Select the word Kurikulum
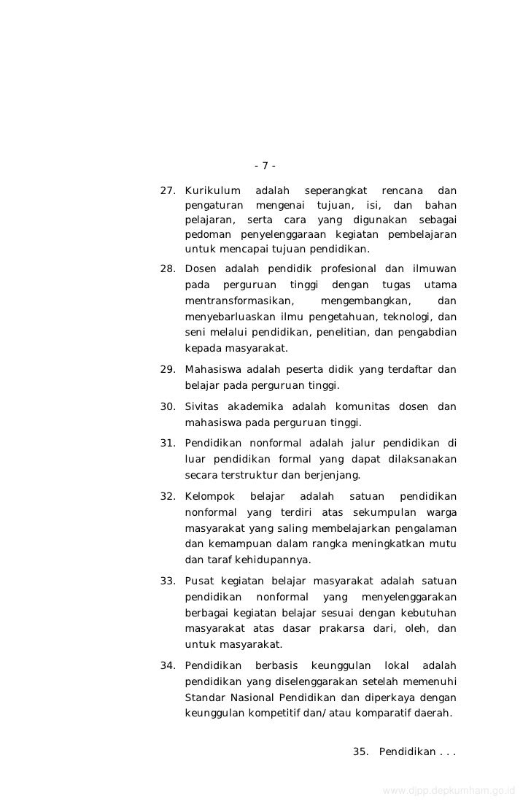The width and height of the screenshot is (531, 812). point(213,191)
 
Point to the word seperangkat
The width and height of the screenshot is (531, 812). point(335,191)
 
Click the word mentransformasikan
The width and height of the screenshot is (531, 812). point(239,301)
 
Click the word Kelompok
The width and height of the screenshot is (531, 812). point(209,497)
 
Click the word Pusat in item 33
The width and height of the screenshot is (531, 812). point(199,581)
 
